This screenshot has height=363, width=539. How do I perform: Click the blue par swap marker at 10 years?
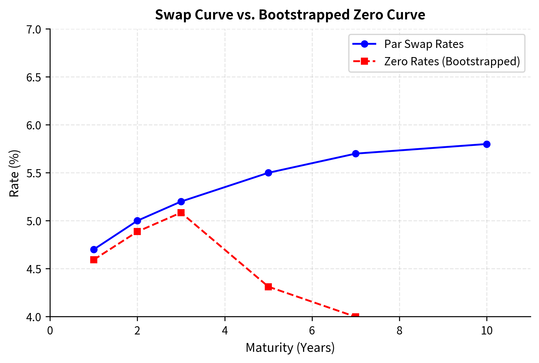[x=487, y=144]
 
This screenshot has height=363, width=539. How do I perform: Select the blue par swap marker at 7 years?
[x=356, y=154]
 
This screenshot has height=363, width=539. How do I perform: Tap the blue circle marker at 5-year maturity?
[x=268, y=173]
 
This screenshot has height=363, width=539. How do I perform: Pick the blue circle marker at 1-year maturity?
[x=94, y=249]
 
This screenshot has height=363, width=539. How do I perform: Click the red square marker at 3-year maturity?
[x=181, y=213]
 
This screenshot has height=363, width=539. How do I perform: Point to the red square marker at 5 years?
[x=268, y=287]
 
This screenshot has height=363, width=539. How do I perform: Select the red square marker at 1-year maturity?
[x=94, y=260]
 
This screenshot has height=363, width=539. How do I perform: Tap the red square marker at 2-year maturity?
[x=137, y=232]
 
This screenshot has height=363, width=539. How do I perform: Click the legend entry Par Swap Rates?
[x=423, y=44]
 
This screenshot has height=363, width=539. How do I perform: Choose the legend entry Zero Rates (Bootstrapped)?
[x=452, y=61]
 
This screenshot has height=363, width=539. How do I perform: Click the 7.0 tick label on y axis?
[x=34, y=29]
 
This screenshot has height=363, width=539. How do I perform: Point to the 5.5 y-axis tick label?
[x=34, y=173]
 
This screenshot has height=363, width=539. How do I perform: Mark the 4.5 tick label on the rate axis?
[x=34, y=269]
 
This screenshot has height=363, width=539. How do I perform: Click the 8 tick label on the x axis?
[x=399, y=331]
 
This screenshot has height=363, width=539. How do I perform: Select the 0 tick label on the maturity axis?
[x=50, y=331]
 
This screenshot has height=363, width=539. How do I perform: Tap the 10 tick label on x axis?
[x=487, y=331]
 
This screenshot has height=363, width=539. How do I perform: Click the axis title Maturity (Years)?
[x=290, y=348]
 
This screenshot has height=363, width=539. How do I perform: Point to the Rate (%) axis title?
[x=14, y=173]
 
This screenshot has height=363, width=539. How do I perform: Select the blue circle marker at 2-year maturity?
[x=137, y=221]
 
